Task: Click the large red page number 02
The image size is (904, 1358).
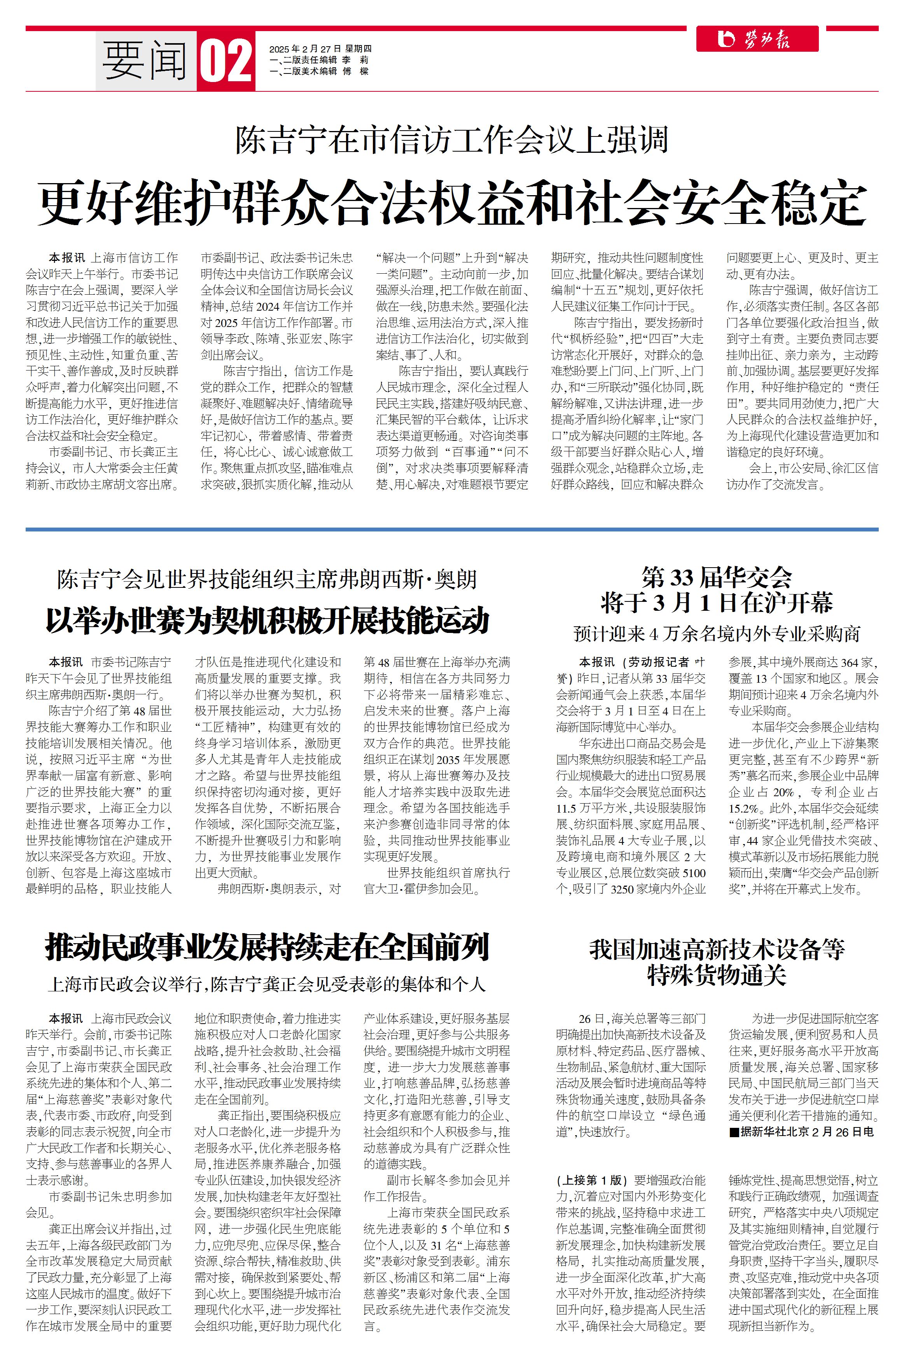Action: pyautogui.click(x=226, y=61)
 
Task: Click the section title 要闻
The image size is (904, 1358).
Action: pyautogui.click(x=145, y=61)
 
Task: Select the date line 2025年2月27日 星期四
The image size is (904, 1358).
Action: pyautogui.click(x=320, y=49)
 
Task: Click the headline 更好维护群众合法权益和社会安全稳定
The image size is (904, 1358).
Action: pyautogui.click(x=453, y=203)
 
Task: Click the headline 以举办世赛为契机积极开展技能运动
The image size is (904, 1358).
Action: pyautogui.click(x=268, y=621)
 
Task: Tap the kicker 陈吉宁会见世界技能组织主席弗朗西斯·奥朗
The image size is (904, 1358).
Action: pyautogui.click(x=267, y=579)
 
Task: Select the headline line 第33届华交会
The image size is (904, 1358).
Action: pyautogui.click(x=717, y=577)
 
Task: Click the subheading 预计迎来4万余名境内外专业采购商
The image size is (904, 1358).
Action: pyautogui.click(x=717, y=634)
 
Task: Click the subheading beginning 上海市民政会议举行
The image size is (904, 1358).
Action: pyautogui.click(x=267, y=984)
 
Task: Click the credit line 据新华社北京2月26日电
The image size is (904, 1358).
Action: pyautogui.click(x=801, y=1131)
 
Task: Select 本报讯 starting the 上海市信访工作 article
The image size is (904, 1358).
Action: pyautogui.click(x=66, y=258)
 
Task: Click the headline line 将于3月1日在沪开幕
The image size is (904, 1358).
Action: pyautogui.click(x=717, y=603)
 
